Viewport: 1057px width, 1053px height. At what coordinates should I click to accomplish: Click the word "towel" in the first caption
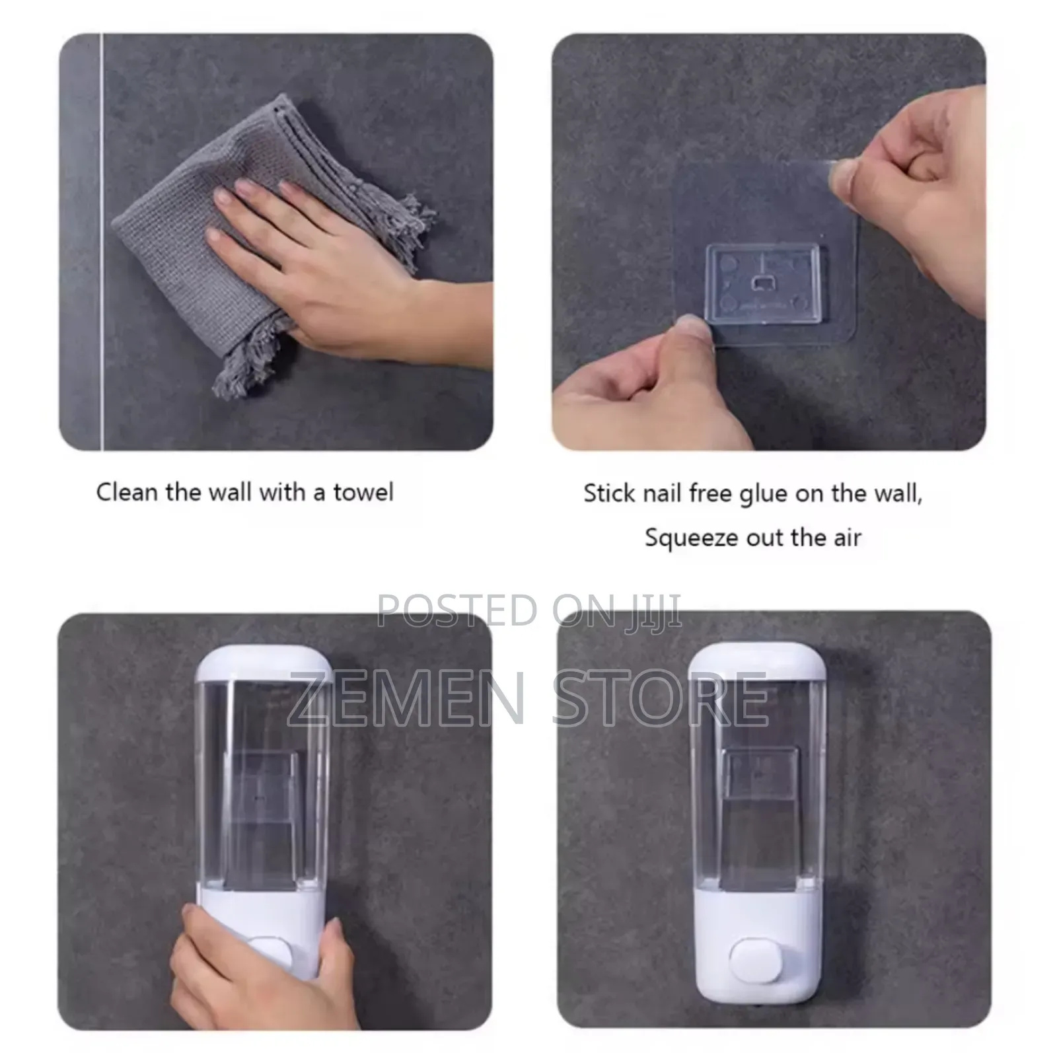[363, 492]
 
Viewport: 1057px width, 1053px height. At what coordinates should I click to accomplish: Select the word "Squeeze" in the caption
[690, 538]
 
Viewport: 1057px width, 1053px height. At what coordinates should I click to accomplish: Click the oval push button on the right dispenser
[756, 959]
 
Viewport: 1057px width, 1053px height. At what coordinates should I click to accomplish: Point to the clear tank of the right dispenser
[757, 793]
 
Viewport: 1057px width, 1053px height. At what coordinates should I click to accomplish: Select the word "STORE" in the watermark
[659, 698]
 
